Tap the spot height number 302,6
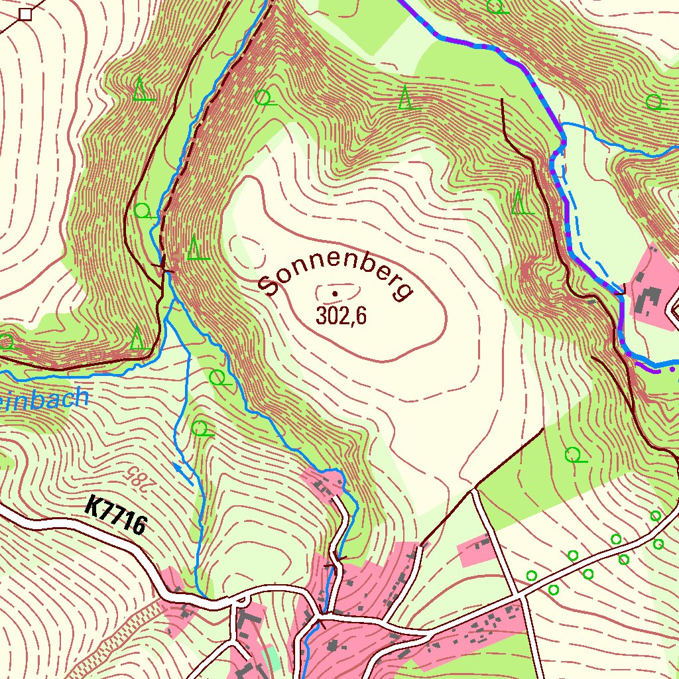[341, 316]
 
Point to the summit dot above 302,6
[335, 293]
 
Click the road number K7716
[116, 516]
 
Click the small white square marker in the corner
[25, 14]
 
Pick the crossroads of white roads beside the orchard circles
[524, 596]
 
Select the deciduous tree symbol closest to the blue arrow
[200, 428]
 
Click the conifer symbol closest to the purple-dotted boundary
[521, 203]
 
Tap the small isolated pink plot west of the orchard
[476, 549]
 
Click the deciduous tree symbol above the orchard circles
[574, 455]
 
